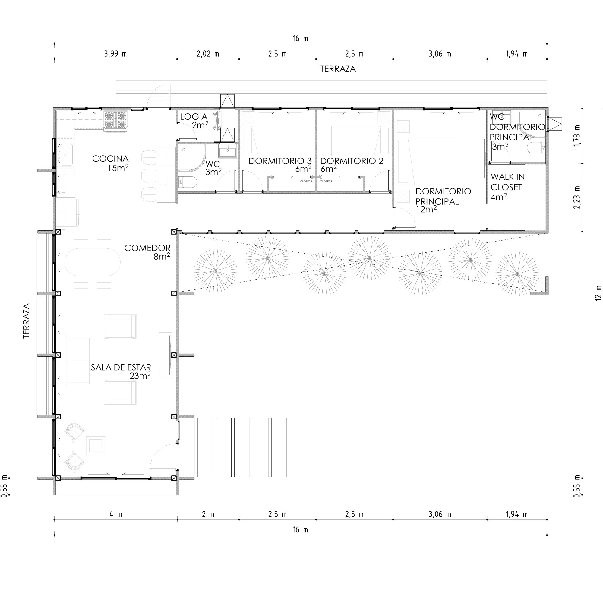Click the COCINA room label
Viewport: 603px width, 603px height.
[110, 159]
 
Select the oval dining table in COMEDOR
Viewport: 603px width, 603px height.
[92, 262]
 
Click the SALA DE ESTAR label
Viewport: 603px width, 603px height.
[121, 367]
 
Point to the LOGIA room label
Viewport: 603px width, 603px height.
[194, 117]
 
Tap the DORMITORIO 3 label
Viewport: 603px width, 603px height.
[280, 161]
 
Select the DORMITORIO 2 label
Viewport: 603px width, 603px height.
[352, 161]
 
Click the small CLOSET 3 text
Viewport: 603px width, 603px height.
[306, 181]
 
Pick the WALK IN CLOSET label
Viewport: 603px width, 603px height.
[507, 182]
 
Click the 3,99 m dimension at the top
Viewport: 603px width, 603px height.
[115, 54]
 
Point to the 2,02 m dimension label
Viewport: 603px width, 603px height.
[208, 54]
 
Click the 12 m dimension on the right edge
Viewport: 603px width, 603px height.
[598, 293]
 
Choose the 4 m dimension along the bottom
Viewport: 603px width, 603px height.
[115, 514]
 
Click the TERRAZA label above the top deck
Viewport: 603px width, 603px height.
[338, 69]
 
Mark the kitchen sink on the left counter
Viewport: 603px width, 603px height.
[66, 154]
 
